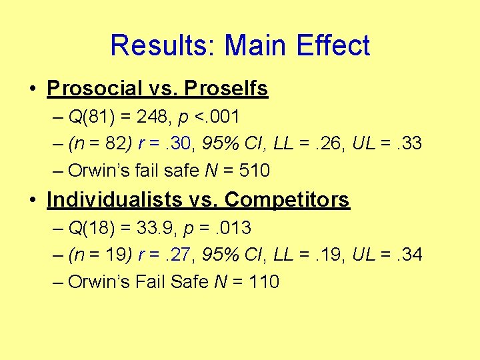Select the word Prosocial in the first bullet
95,88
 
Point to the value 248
151,117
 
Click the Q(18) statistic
94,228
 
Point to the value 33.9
154,228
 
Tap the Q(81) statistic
94,117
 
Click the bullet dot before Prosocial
33,89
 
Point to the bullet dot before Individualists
33,200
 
